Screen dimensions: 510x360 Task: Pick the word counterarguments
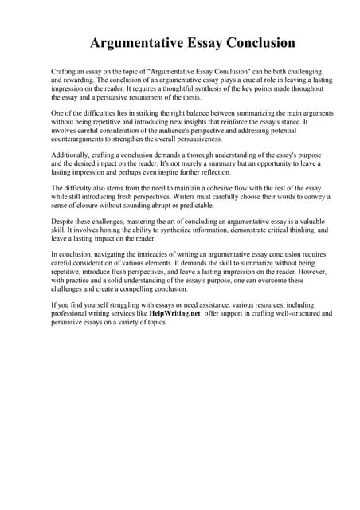coord(79,139)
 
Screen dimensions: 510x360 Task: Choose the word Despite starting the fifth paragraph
coord(63,221)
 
